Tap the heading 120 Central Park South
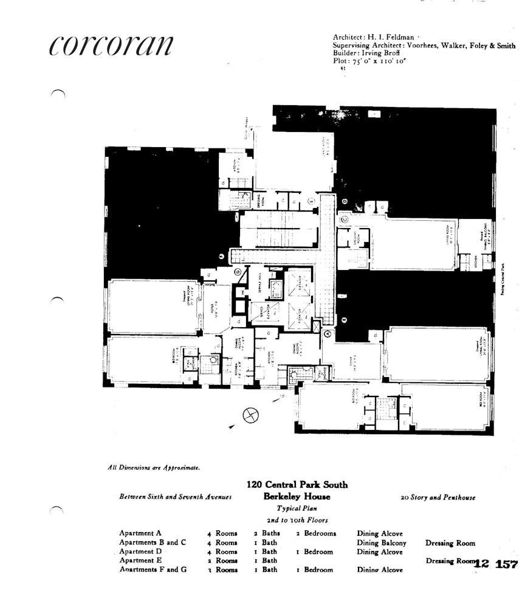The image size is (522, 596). [297, 485]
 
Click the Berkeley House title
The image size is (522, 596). [297, 496]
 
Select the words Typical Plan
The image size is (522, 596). [297, 508]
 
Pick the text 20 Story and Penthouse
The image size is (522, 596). [438, 497]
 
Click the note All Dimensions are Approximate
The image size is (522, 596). [154, 468]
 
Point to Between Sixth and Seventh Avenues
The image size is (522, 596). [175, 497]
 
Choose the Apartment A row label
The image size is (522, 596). [141, 533]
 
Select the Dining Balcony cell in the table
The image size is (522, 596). [381, 543]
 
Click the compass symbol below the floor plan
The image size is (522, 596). [250, 415]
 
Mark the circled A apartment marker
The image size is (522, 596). [328, 333]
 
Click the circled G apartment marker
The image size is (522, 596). [238, 271]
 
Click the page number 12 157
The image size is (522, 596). [495, 564]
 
